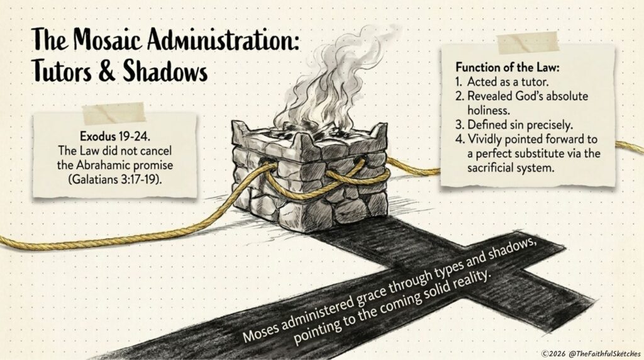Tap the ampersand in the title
pyautogui.click(x=107, y=70)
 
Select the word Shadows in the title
pyautogui.click(x=165, y=70)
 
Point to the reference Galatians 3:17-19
pyautogui.click(x=114, y=179)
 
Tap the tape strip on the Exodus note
pyautogui.click(x=114, y=113)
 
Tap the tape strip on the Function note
pyautogui.click(x=528, y=42)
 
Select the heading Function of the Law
pyautogui.click(x=508, y=67)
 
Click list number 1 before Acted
pyautogui.click(x=458, y=81)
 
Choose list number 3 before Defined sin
pyautogui.click(x=460, y=125)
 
